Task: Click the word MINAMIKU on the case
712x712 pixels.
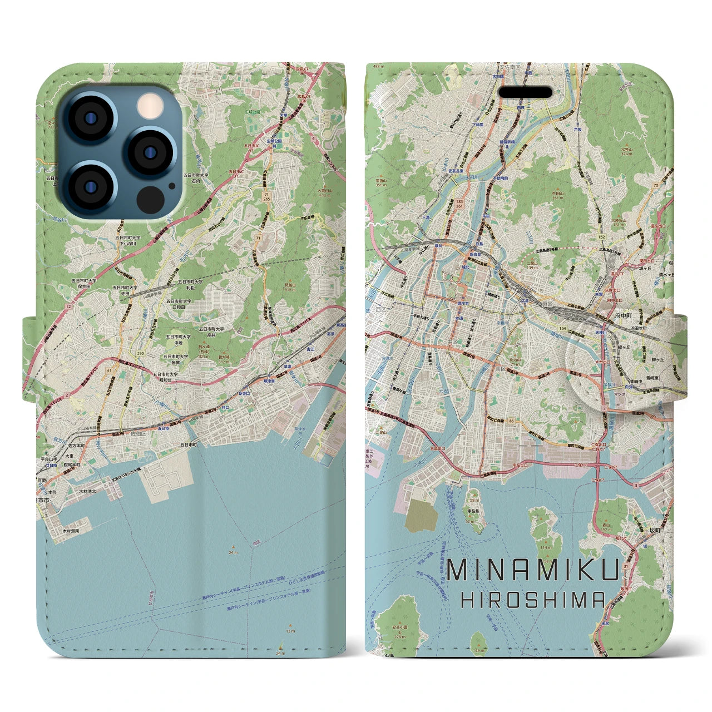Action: [x=533, y=570]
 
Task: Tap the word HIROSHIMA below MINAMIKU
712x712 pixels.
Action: [x=533, y=600]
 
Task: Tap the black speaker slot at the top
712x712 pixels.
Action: [x=525, y=92]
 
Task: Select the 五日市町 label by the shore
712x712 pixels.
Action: [x=188, y=444]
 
